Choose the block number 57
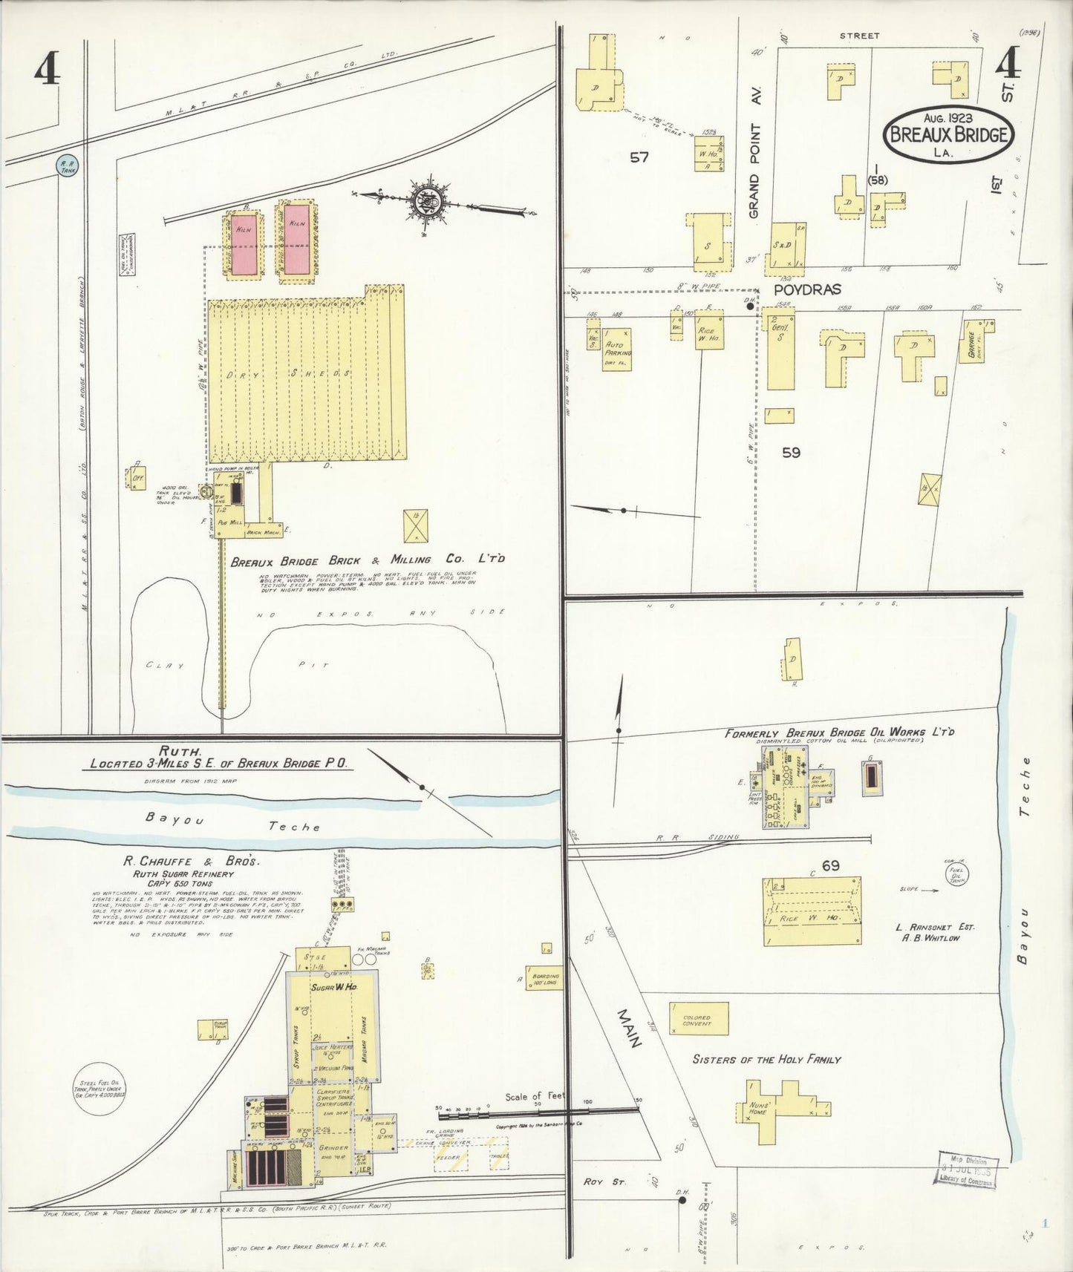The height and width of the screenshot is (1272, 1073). click(x=639, y=157)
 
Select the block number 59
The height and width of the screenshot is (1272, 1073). click(x=792, y=452)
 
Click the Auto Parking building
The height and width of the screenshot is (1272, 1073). click(x=617, y=349)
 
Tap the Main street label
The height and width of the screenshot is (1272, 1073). click(x=630, y=1028)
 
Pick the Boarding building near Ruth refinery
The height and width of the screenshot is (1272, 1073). click(x=544, y=978)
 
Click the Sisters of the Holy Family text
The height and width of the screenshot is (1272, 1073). click(x=766, y=1059)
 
